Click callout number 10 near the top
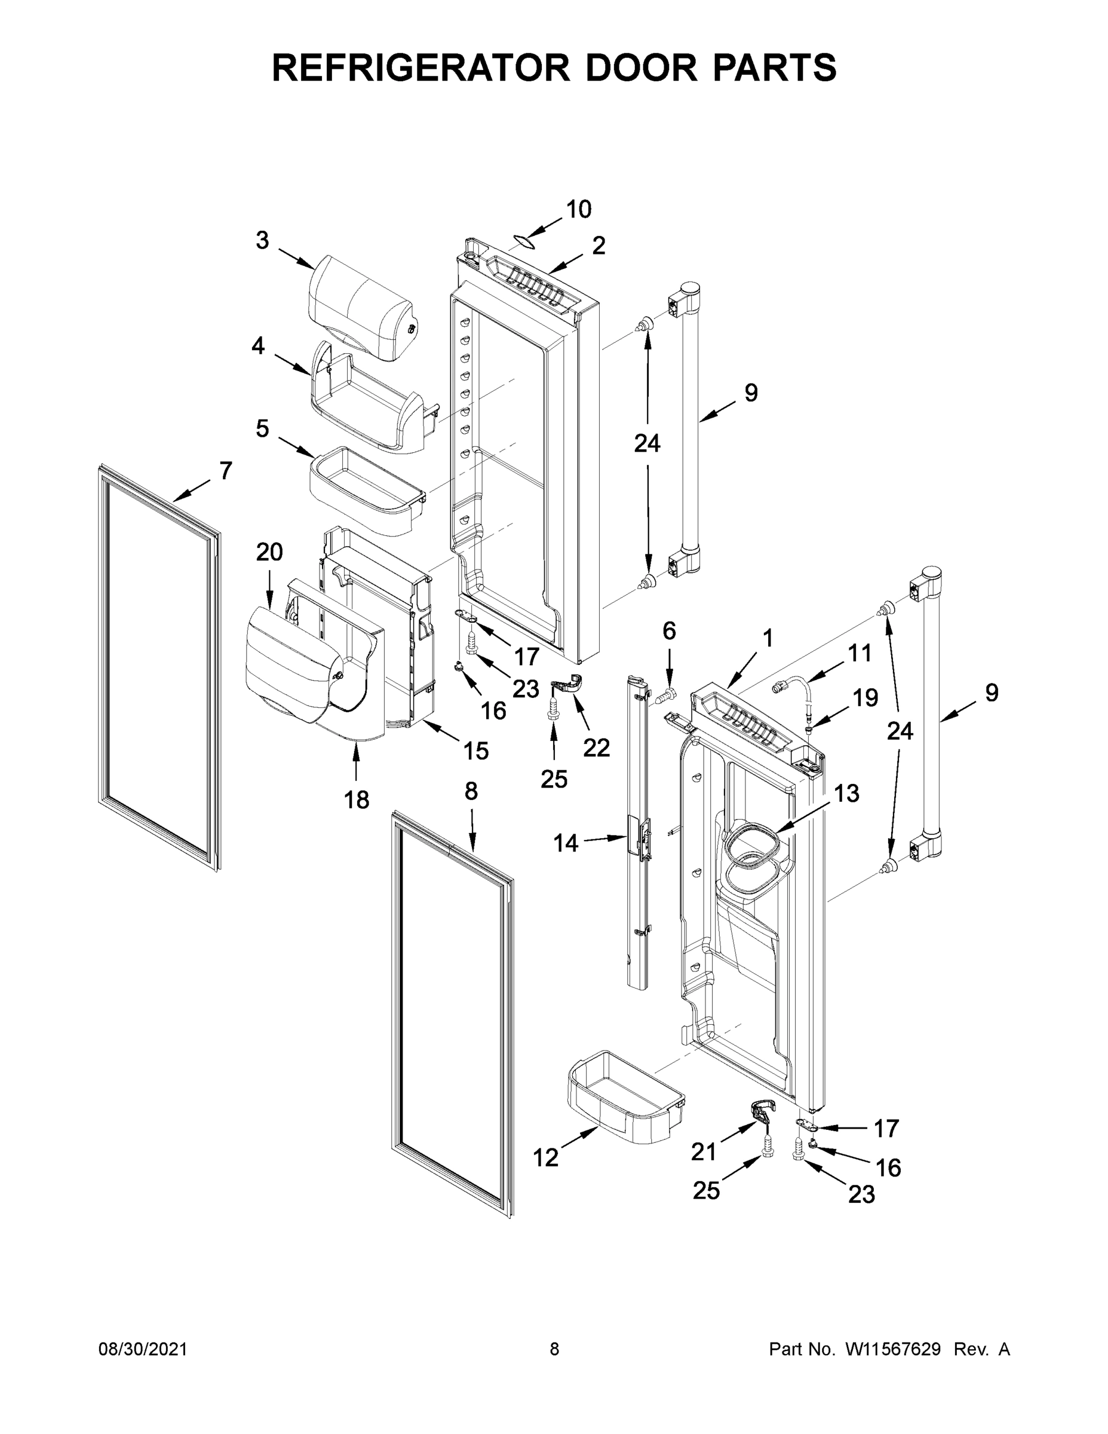tap(578, 210)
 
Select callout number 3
tap(262, 241)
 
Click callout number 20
tap(269, 552)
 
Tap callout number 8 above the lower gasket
tap(471, 791)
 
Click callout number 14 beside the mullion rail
tap(566, 842)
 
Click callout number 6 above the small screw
tap(669, 631)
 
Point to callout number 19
tap(865, 698)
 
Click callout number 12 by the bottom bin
tap(545, 1157)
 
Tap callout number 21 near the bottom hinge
tap(704, 1151)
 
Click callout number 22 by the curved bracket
tap(596, 747)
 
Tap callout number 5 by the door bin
tap(262, 429)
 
